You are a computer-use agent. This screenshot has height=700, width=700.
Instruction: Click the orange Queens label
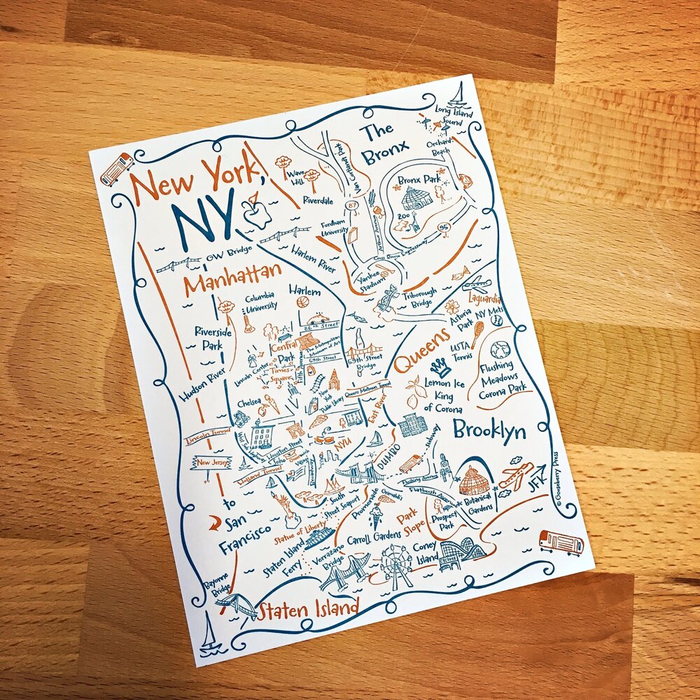click(421, 352)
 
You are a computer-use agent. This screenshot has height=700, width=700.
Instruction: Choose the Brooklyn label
click(489, 430)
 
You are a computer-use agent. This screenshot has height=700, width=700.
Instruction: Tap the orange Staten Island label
click(308, 609)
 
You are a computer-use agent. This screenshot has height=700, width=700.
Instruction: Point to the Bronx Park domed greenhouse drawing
click(417, 198)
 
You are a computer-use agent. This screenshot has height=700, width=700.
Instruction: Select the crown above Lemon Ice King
click(440, 367)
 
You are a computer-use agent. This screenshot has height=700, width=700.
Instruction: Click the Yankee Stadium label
click(372, 279)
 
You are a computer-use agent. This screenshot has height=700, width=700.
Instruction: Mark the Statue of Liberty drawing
click(285, 506)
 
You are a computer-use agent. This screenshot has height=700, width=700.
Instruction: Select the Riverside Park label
click(208, 337)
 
